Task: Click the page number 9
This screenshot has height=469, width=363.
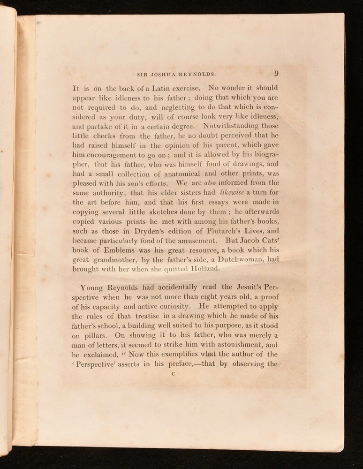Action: tap(277, 73)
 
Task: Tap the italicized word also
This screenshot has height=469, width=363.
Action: tap(209, 183)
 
